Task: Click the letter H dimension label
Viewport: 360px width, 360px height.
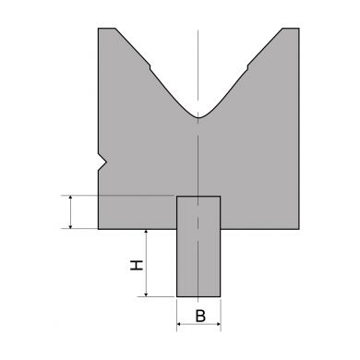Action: pyautogui.click(x=137, y=265)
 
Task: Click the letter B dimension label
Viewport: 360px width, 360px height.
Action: pyautogui.click(x=200, y=316)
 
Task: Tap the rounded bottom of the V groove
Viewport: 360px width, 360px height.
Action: pyautogui.click(x=198, y=117)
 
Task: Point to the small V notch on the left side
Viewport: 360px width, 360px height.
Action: pyautogui.click(x=102, y=162)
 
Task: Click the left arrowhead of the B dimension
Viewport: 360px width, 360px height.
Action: pyautogui.click(x=179, y=324)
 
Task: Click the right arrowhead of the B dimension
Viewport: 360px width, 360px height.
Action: pyautogui.click(x=219, y=324)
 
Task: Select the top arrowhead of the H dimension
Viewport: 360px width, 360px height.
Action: pyautogui.click(x=146, y=232)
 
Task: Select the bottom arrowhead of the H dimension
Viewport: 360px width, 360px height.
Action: pyautogui.click(x=146, y=294)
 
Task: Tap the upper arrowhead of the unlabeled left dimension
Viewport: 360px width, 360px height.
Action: pyautogui.click(x=71, y=198)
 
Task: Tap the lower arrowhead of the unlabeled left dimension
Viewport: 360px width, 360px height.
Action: pyautogui.click(x=71, y=226)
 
